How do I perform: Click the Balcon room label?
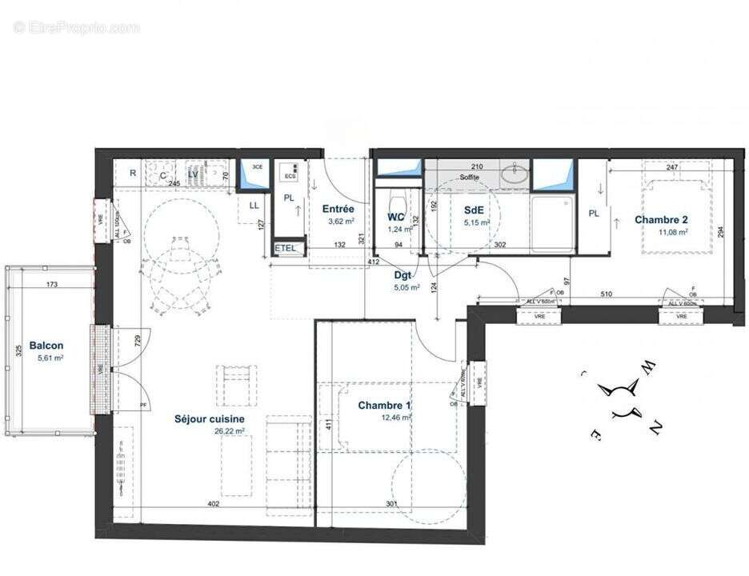[46, 346]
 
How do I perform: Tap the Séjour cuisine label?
[210, 418]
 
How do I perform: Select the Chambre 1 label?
[384, 406]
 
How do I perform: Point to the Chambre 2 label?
[661, 220]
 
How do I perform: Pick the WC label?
[396, 217]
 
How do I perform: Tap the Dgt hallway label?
[403, 276]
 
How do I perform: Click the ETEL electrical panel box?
[286, 248]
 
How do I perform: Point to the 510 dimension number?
[606, 294]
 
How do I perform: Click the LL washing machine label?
[254, 206]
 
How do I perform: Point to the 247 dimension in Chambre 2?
[671, 167]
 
